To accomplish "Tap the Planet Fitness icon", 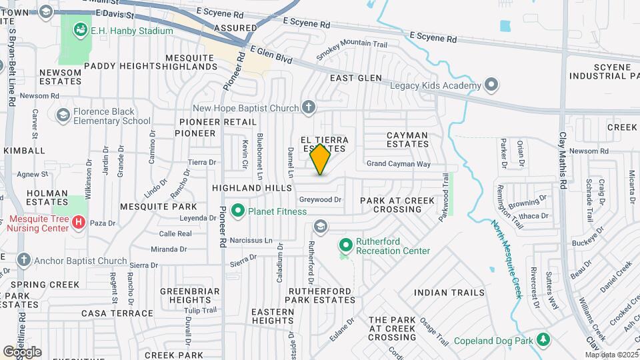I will pyautogui.click(x=237, y=211).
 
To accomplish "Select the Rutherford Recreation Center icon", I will pyautogui.click(x=345, y=246).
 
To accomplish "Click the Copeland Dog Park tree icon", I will pyautogui.click(x=545, y=340).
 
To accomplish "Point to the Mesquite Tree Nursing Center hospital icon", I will pyautogui.click(x=79, y=221).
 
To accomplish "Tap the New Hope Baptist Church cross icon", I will pyautogui.click(x=308, y=107).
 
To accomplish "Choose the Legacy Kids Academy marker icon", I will pyautogui.click(x=492, y=85).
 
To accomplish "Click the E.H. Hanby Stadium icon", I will pyautogui.click(x=81, y=29).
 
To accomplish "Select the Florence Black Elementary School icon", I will pyautogui.click(x=63, y=115).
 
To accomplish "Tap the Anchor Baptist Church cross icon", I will pyautogui.click(x=24, y=260).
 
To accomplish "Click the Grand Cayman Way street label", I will pyautogui.click(x=399, y=163).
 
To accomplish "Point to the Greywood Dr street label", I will pyautogui.click(x=320, y=199).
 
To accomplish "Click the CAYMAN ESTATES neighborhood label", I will pyautogui.click(x=407, y=139).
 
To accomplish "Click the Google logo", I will pyautogui.click(x=22, y=351).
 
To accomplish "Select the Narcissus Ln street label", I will pyautogui.click(x=251, y=240).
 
